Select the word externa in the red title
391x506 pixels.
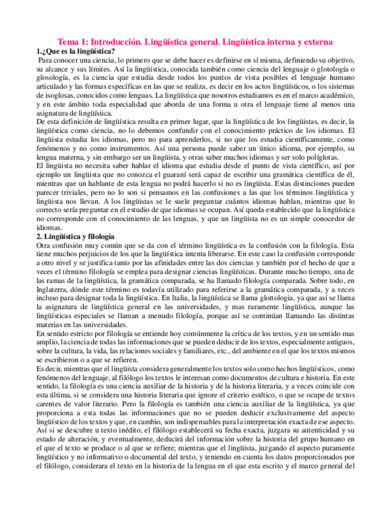point(314,42)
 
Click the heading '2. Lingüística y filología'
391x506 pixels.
point(75,237)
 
